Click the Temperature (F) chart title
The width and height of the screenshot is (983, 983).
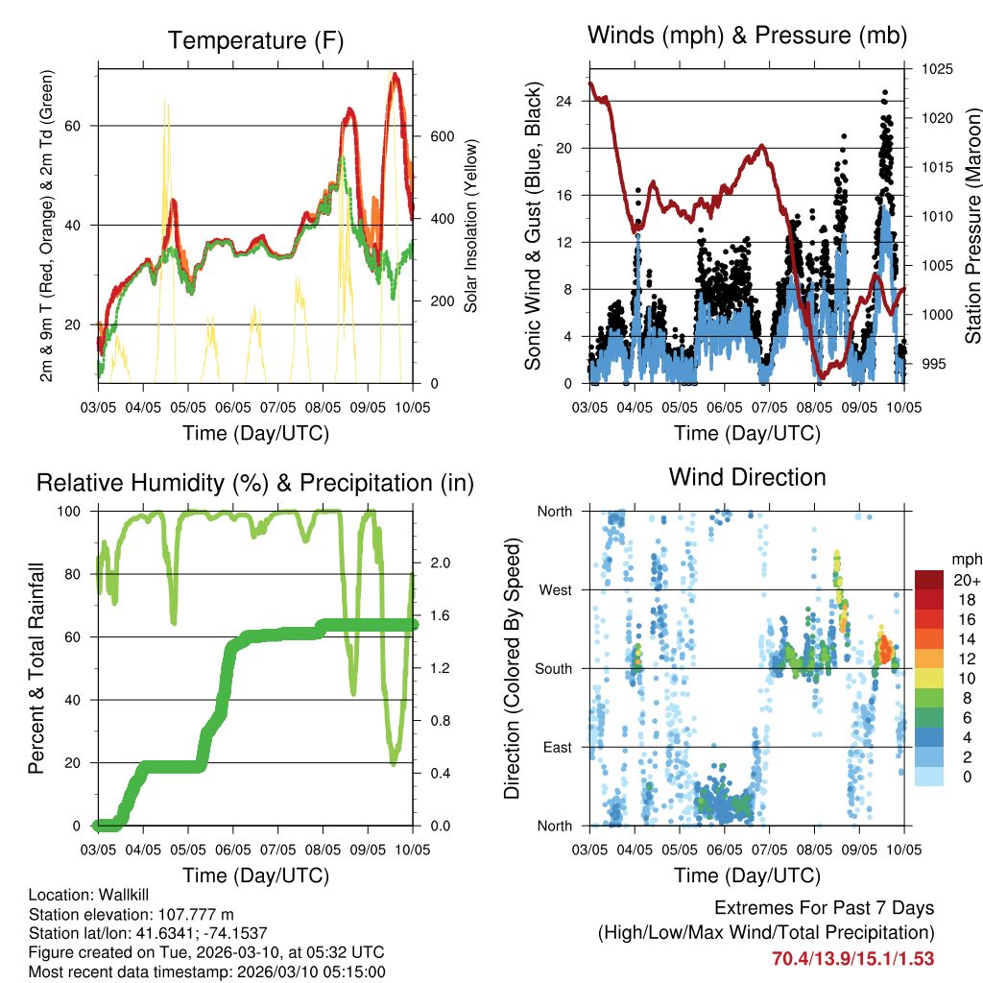coord(255,40)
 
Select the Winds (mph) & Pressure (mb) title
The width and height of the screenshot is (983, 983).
coord(747,36)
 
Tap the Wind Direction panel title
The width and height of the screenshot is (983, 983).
coord(747,476)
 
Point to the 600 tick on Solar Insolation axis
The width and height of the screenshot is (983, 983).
coord(441,136)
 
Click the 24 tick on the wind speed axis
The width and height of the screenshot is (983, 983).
coord(564,101)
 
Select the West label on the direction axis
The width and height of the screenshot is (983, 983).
coord(554,589)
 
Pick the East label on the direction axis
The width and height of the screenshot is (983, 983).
coord(556,747)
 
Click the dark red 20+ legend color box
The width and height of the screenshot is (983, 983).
coord(929,580)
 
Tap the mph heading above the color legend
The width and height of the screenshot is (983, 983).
coord(965,559)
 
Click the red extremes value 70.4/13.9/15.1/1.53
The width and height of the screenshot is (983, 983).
coord(853,958)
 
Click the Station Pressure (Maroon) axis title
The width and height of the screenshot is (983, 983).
coord(971,226)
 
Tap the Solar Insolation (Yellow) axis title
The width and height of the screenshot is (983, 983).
coord(470,226)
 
